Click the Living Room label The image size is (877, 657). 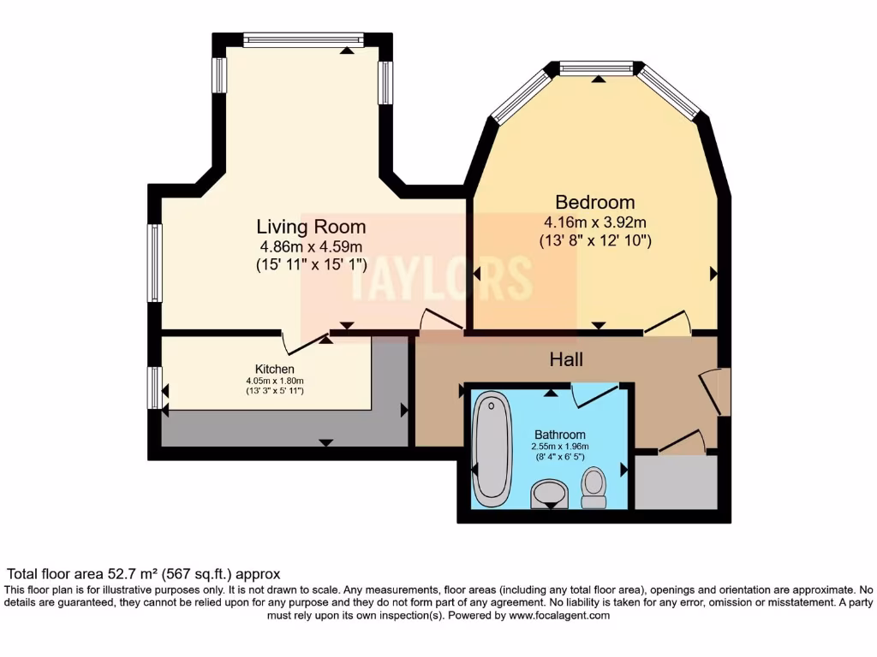click(311, 227)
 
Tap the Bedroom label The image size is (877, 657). click(595, 203)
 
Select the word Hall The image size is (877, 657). click(566, 360)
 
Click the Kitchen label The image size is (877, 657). click(274, 369)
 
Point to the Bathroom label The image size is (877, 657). click(560, 435)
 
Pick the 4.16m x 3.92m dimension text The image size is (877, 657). click(595, 222)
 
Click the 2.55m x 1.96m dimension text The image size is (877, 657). click(560, 447)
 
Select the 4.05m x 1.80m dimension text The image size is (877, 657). click(274, 381)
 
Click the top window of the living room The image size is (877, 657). click(302, 39)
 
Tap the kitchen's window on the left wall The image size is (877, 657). click(154, 388)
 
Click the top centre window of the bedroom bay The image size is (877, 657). click(596, 68)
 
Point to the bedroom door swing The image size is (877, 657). click(668, 323)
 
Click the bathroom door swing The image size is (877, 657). click(593, 394)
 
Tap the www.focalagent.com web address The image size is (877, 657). click(559, 616)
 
